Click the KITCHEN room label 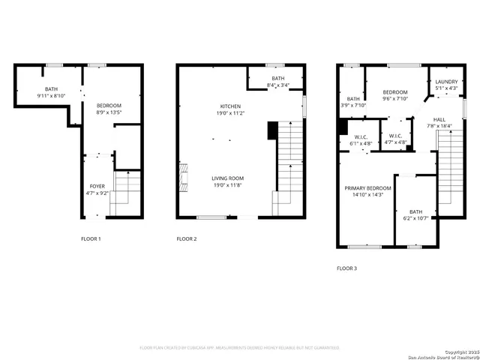[229, 106]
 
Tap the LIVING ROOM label [227, 178]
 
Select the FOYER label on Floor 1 [98, 185]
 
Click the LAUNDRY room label [446, 82]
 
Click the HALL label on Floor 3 [439, 119]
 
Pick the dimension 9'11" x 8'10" [51, 96]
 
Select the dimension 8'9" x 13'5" [109, 112]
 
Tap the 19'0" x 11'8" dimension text [227, 184]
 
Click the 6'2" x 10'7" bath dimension [415, 218]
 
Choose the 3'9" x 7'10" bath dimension [354, 105]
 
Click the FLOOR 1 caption [91, 238]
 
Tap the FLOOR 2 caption [187, 238]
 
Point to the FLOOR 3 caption [346, 268]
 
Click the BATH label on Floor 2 [278, 79]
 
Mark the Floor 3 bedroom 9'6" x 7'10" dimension [394, 98]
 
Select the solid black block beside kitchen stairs [271, 132]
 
